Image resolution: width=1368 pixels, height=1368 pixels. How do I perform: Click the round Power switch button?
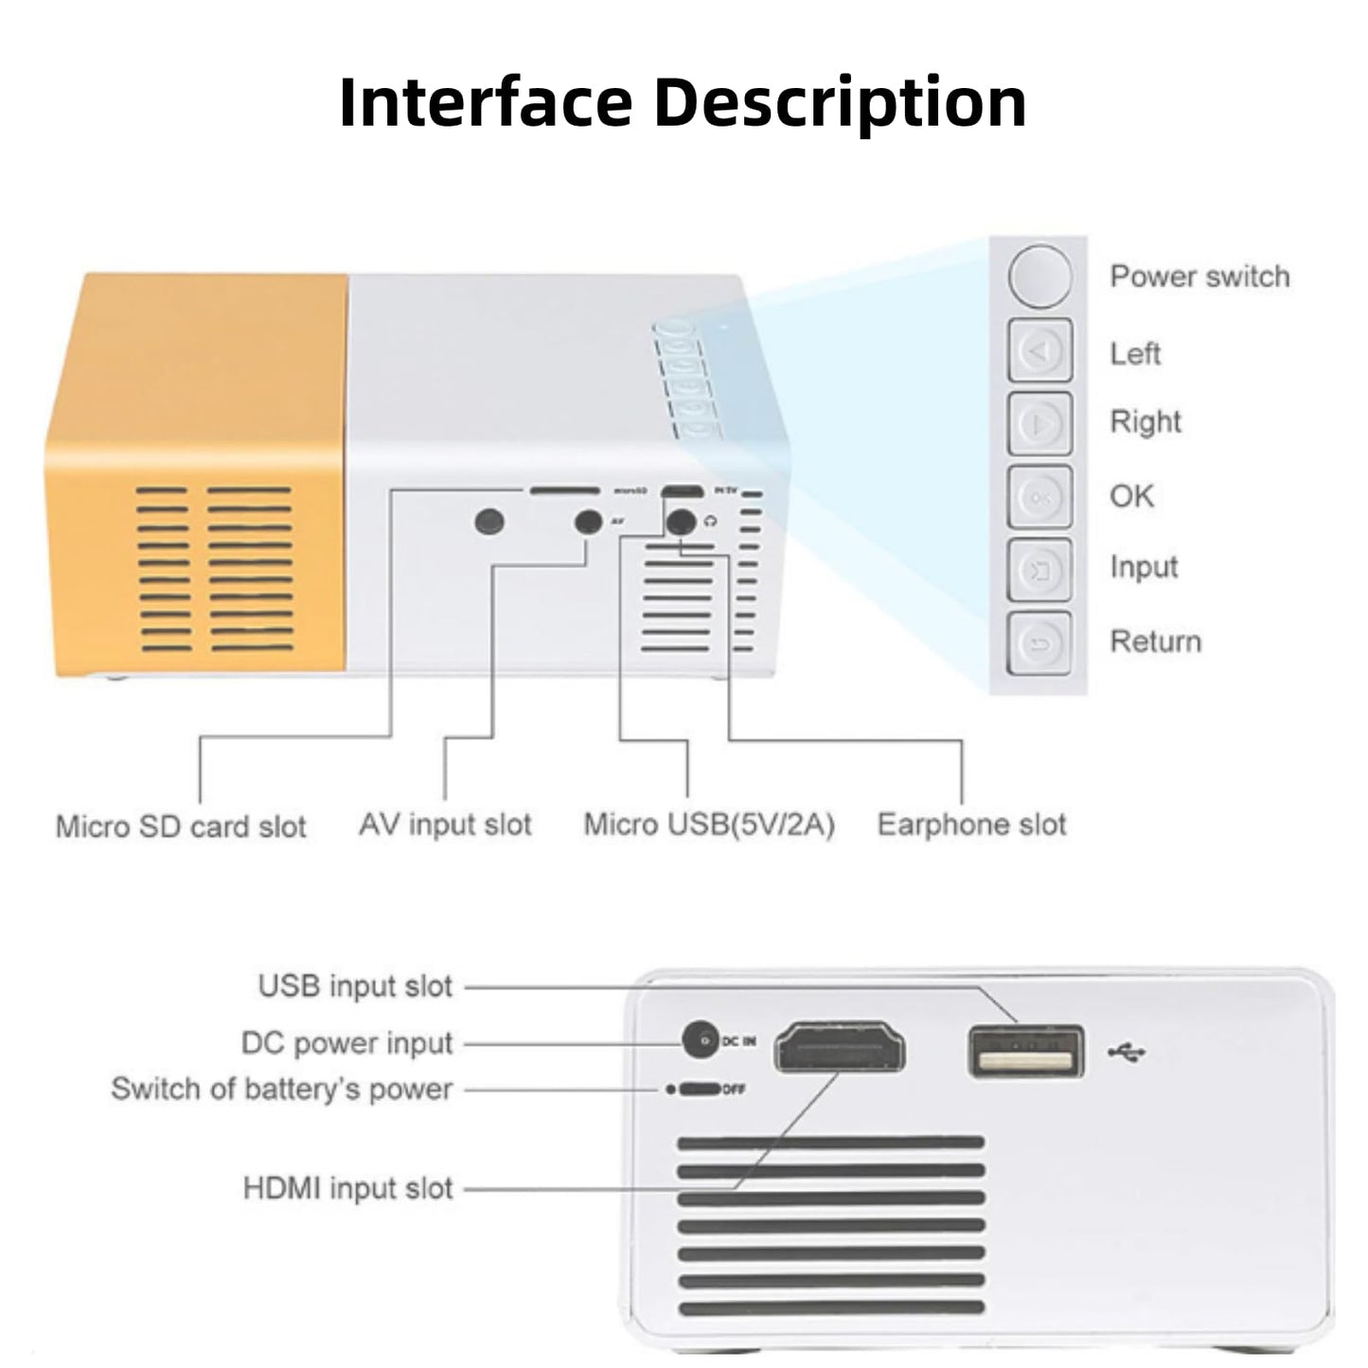1039,275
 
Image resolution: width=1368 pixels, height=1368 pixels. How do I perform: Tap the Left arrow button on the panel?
1039,351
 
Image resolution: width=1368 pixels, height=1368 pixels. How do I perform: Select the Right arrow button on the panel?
1039,423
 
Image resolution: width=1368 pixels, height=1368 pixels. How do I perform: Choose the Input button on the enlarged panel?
1039,570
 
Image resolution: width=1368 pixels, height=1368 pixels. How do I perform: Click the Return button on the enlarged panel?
1039,644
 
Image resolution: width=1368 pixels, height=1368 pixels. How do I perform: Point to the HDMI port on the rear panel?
840,1048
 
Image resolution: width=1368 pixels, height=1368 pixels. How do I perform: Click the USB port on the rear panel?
1026,1052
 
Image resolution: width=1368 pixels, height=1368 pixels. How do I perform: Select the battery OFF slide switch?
699,1090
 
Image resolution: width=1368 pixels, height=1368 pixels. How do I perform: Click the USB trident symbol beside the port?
1127,1052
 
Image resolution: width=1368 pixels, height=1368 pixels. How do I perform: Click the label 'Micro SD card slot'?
181,826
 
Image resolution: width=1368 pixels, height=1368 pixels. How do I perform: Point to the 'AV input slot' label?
445,825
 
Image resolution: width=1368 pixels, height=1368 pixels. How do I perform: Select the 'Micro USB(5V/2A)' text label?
709,825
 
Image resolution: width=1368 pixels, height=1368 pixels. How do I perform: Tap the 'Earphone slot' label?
971,825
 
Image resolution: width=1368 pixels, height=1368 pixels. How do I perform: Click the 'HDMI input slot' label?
348,1188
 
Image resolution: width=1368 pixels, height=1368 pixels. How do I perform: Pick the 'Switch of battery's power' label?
282,1089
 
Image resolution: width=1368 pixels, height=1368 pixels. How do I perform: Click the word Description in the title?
841,101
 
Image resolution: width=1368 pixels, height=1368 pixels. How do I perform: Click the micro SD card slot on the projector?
564,491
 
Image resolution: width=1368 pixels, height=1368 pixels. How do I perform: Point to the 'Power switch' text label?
1199,276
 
